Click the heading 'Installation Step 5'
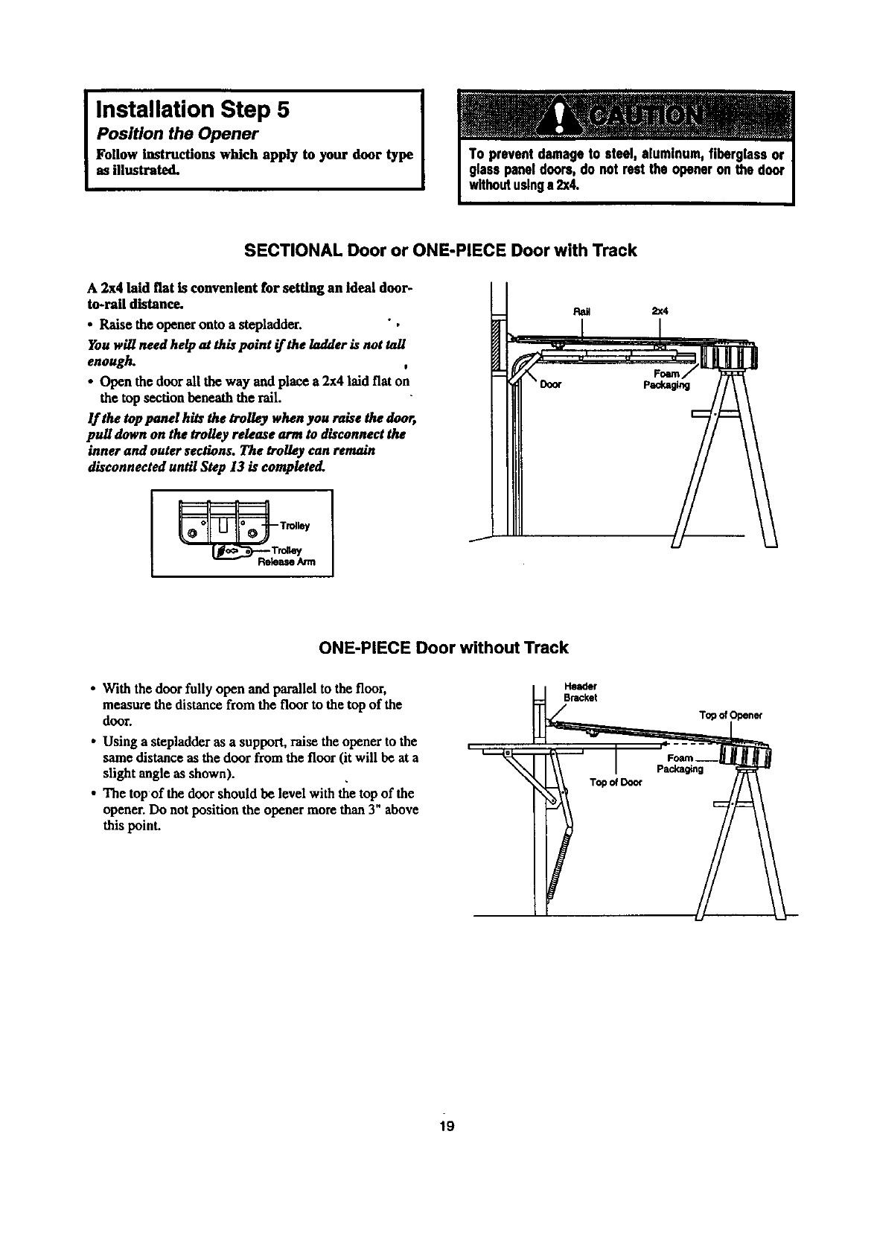click(189, 110)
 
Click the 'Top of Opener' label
click(730, 716)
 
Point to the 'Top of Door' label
click(615, 783)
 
